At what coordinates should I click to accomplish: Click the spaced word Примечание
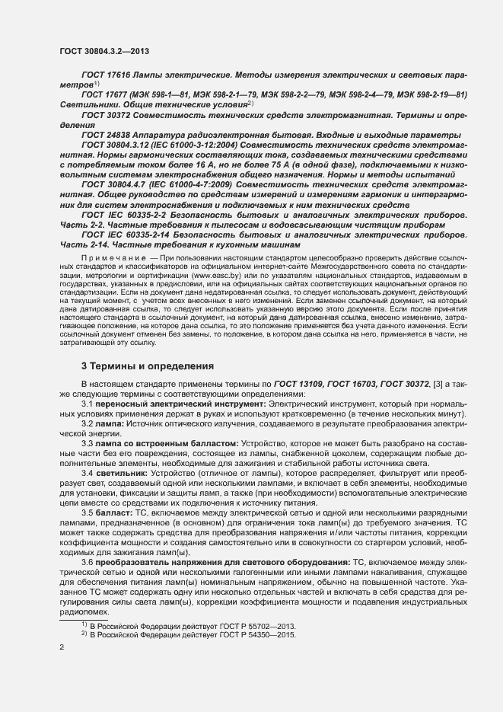coord(114,259)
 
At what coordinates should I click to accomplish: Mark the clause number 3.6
coord(87,562)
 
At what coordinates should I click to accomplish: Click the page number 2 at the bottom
coord(62,648)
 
